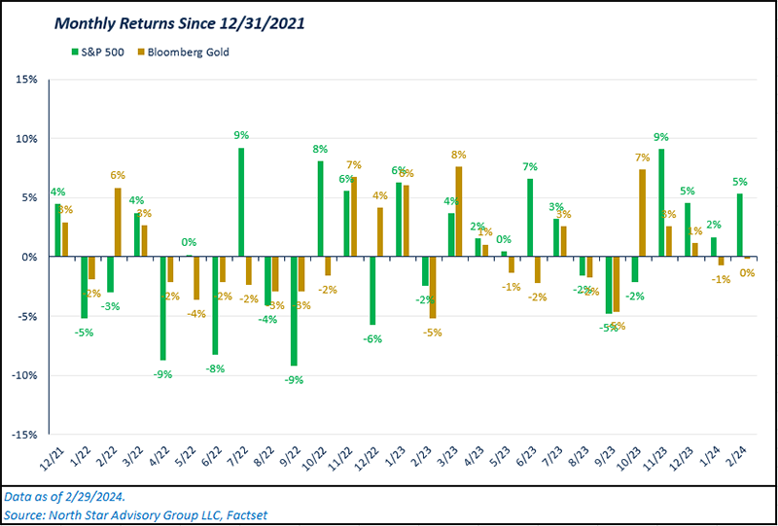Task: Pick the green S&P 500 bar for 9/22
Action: point(294,311)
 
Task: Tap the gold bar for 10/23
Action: point(643,213)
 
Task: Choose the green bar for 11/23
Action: point(661,202)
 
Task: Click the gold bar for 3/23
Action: point(458,212)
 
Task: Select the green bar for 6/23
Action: point(530,218)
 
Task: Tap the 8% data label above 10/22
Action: point(320,150)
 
